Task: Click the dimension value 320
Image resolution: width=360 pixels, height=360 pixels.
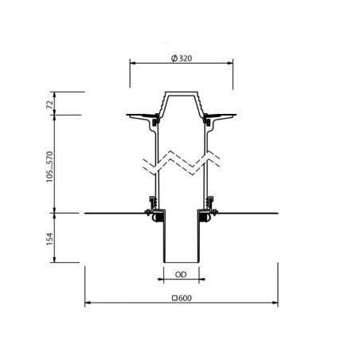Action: pos(186,58)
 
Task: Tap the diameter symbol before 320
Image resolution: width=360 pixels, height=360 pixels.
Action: pos(174,58)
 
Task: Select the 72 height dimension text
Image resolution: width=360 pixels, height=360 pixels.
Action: pos(50,104)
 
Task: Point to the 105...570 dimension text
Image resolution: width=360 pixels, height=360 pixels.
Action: pos(50,166)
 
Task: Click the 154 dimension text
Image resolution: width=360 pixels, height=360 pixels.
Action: pos(50,238)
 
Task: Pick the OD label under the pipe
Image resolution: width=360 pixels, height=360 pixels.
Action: pos(181,275)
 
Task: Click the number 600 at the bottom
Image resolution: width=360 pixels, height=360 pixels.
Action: pos(185,298)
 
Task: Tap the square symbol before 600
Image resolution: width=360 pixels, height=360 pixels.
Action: pos(174,298)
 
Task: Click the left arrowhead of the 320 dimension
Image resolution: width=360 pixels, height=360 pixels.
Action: pos(133,63)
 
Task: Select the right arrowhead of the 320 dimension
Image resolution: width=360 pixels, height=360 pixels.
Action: pos(230,63)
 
